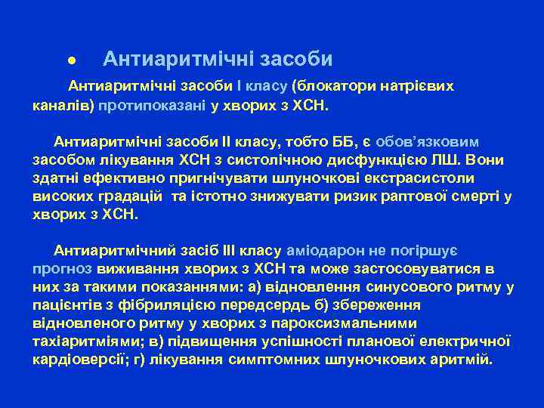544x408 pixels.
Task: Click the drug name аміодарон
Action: pos(328,250)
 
